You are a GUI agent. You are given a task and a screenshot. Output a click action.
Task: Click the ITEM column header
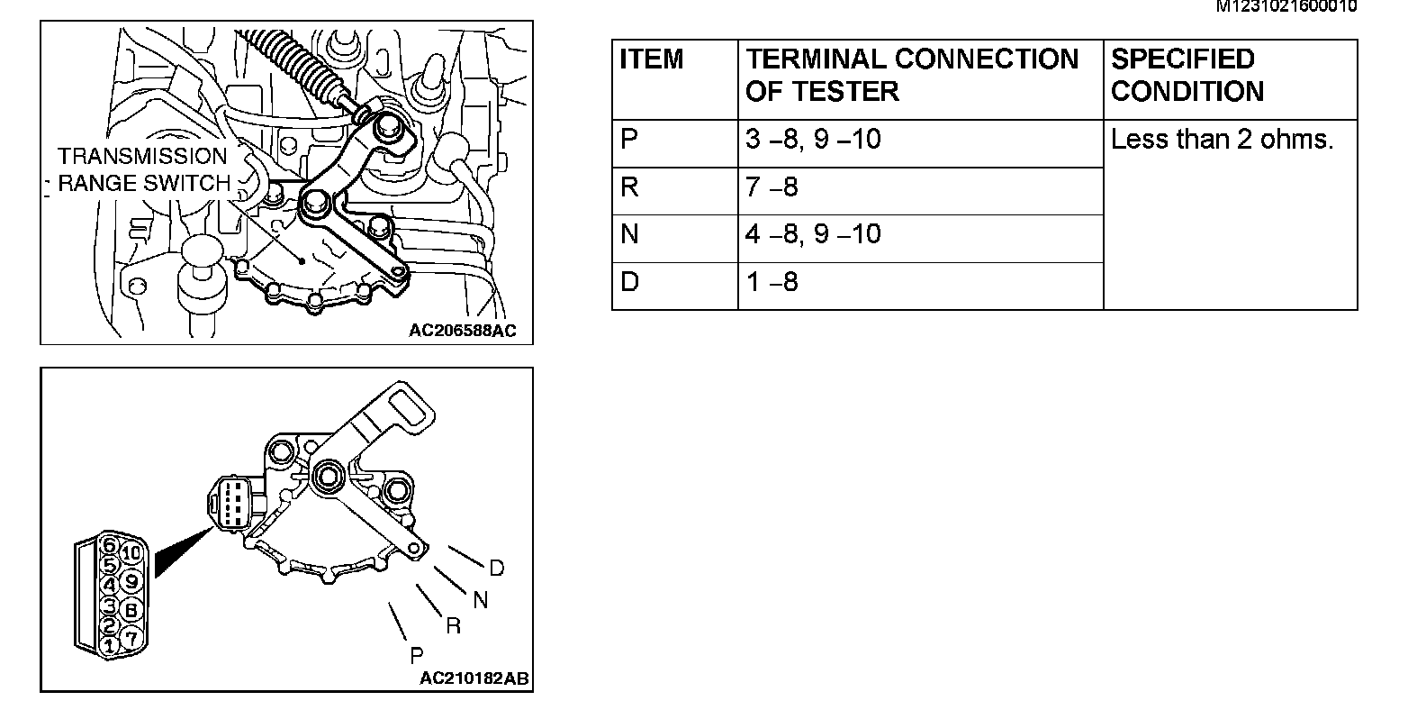652,59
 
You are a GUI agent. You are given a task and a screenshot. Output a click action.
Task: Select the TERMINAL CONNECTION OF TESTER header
911,75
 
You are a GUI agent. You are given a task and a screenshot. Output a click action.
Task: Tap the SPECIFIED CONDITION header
1187,75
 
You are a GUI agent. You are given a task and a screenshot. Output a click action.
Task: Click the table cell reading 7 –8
772,187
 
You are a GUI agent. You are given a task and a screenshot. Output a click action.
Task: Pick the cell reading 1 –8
772,283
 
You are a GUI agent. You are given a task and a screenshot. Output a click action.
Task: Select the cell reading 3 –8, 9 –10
813,140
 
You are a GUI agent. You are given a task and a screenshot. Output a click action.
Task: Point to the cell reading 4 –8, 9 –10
813,235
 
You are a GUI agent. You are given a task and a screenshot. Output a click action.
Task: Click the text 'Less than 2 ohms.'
1222,140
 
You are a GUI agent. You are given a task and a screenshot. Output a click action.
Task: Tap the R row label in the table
629,187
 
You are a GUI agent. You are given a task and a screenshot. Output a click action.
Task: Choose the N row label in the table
629,235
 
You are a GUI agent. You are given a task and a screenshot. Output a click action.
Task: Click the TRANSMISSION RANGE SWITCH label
143,169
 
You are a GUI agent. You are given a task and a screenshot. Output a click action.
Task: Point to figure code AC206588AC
462,331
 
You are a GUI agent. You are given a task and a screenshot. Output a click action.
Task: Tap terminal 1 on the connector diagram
109,645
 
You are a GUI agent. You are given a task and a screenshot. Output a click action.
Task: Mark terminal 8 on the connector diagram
131,610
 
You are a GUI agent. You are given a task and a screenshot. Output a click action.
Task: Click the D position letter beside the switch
497,569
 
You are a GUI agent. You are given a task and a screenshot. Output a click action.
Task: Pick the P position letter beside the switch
416,655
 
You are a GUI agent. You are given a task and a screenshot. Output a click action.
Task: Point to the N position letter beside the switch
480,600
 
